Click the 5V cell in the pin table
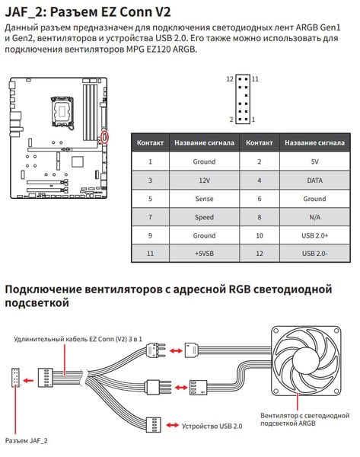314,161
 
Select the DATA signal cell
314,181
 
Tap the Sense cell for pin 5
204,199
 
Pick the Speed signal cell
204,217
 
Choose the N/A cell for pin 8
314,217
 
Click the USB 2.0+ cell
314,235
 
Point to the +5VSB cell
204,254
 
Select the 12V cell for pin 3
204,181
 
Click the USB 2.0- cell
314,254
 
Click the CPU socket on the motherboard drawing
62,111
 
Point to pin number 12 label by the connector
230,79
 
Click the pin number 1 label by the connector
253,120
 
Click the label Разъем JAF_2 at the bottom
26,441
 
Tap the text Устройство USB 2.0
212,426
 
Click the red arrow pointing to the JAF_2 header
28,380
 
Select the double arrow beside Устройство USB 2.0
173,426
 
